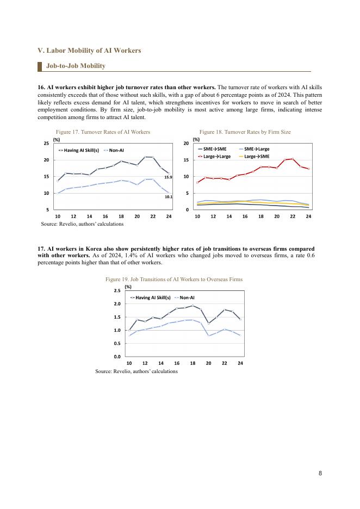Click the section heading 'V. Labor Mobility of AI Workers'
pyautogui.click(x=89, y=51)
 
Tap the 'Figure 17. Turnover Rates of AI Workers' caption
pyautogui.click(x=103, y=132)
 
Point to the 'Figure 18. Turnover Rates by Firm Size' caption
pyautogui.click(x=245, y=132)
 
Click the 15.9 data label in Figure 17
pyautogui.click(x=168, y=177)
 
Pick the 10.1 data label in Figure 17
pyautogui.click(x=168, y=197)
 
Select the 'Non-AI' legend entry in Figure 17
pyautogui.click(x=116, y=150)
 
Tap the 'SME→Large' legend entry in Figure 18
pyautogui.click(x=257, y=149)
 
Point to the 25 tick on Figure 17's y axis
pyautogui.click(x=46, y=143)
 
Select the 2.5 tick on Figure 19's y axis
pyautogui.click(x=117, y=291)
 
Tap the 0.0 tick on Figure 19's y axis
pyautogui.click(x=117, y=357)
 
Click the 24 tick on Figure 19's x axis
pyautogui.click(x=240, y=363)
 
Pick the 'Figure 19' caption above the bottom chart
pyautogui.click(x=173, y=279)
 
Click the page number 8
pyautogui.click(x=320, y=473)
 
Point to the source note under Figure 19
pyautogui.click(x=136, y=371)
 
